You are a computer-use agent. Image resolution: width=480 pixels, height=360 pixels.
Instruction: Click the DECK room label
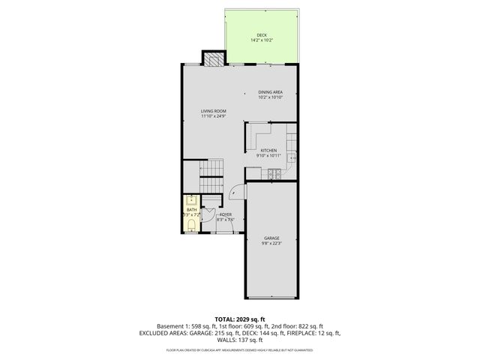(262, 35)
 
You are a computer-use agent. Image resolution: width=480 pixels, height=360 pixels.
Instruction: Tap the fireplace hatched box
(213, 59)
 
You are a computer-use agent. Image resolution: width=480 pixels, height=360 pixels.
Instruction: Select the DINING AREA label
(270, 92)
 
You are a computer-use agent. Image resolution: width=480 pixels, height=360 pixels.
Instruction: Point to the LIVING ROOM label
(213, 111)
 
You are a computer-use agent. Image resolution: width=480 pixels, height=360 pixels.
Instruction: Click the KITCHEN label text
(269, 151)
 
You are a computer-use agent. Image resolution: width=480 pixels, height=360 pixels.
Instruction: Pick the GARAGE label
(271, 238)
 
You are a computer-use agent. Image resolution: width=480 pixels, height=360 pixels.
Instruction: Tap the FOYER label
(225, 215)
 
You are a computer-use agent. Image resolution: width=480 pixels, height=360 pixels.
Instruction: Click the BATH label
(190, 210)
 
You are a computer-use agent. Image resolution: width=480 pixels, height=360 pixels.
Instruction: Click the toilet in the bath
(191, 225)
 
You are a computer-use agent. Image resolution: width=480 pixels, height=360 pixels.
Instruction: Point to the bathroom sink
(191, 199)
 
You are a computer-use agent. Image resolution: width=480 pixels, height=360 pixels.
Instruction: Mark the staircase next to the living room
(211, 177)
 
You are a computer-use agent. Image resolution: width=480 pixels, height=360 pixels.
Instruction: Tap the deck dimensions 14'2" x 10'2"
(262, 40)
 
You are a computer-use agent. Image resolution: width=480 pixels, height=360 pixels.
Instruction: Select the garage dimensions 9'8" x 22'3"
(271, 243)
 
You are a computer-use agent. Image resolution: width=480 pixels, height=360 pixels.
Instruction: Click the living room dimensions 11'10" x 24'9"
(213, 116)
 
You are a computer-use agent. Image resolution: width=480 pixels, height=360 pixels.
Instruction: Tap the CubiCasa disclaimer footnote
(240, 349)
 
